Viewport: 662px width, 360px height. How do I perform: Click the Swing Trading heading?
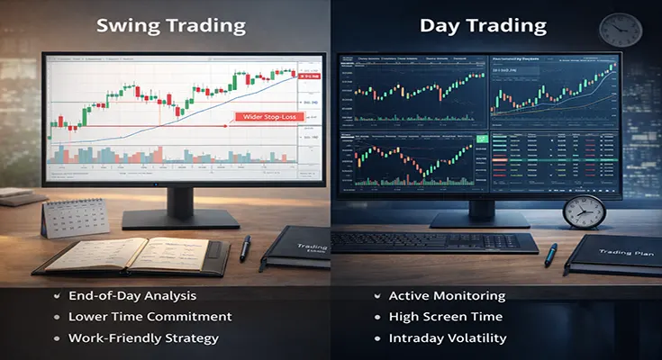point(171,24)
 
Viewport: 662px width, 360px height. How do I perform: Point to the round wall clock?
point(620,29)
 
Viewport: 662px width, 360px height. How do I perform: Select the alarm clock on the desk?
point(583,212)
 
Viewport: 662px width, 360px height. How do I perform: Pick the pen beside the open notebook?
point(245,247)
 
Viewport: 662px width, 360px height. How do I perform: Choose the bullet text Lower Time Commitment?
point(150,317)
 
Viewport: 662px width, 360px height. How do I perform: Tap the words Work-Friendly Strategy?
point(144,338)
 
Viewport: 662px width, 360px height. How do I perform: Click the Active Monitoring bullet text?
point(447,296)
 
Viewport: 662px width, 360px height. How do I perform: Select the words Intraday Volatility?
point(444,338)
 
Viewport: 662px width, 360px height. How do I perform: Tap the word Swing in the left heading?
point(130,24)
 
